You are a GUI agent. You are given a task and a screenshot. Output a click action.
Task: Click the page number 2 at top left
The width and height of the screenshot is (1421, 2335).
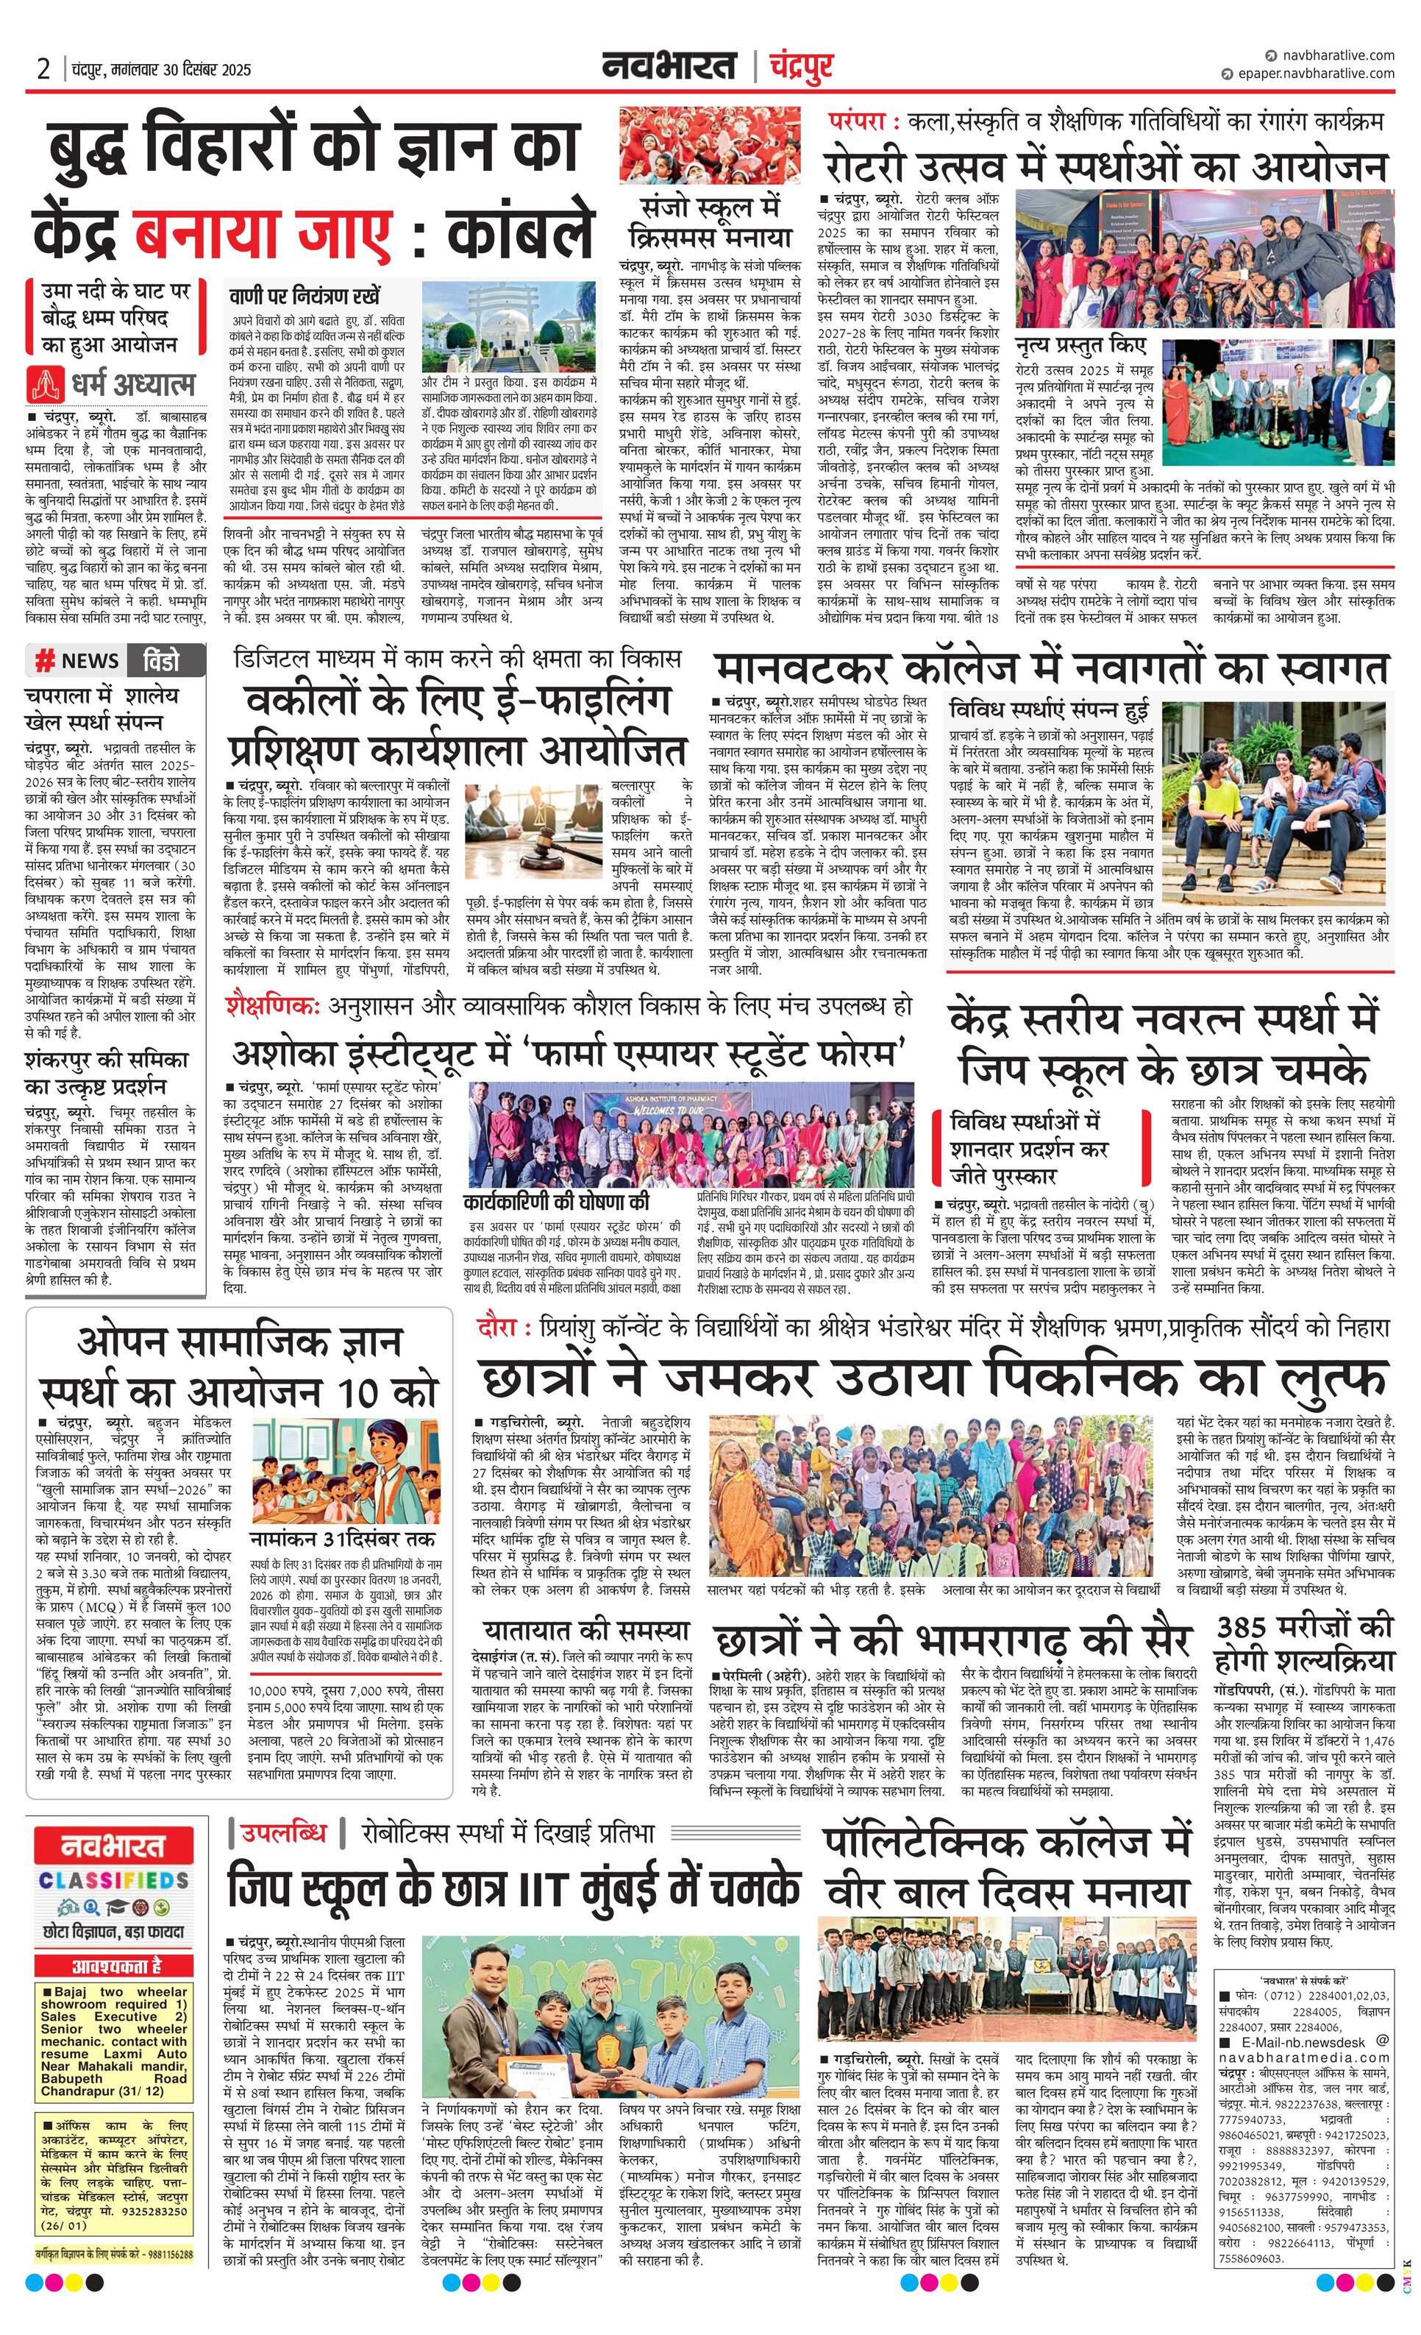point(43,69)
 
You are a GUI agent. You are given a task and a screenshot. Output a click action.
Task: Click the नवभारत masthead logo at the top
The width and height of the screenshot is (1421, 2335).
point(669,67)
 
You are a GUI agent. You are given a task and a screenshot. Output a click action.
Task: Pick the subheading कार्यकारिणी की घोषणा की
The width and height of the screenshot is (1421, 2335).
point(556,1202)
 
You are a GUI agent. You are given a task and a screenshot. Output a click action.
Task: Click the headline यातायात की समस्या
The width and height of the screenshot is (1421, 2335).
point(586,1630)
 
